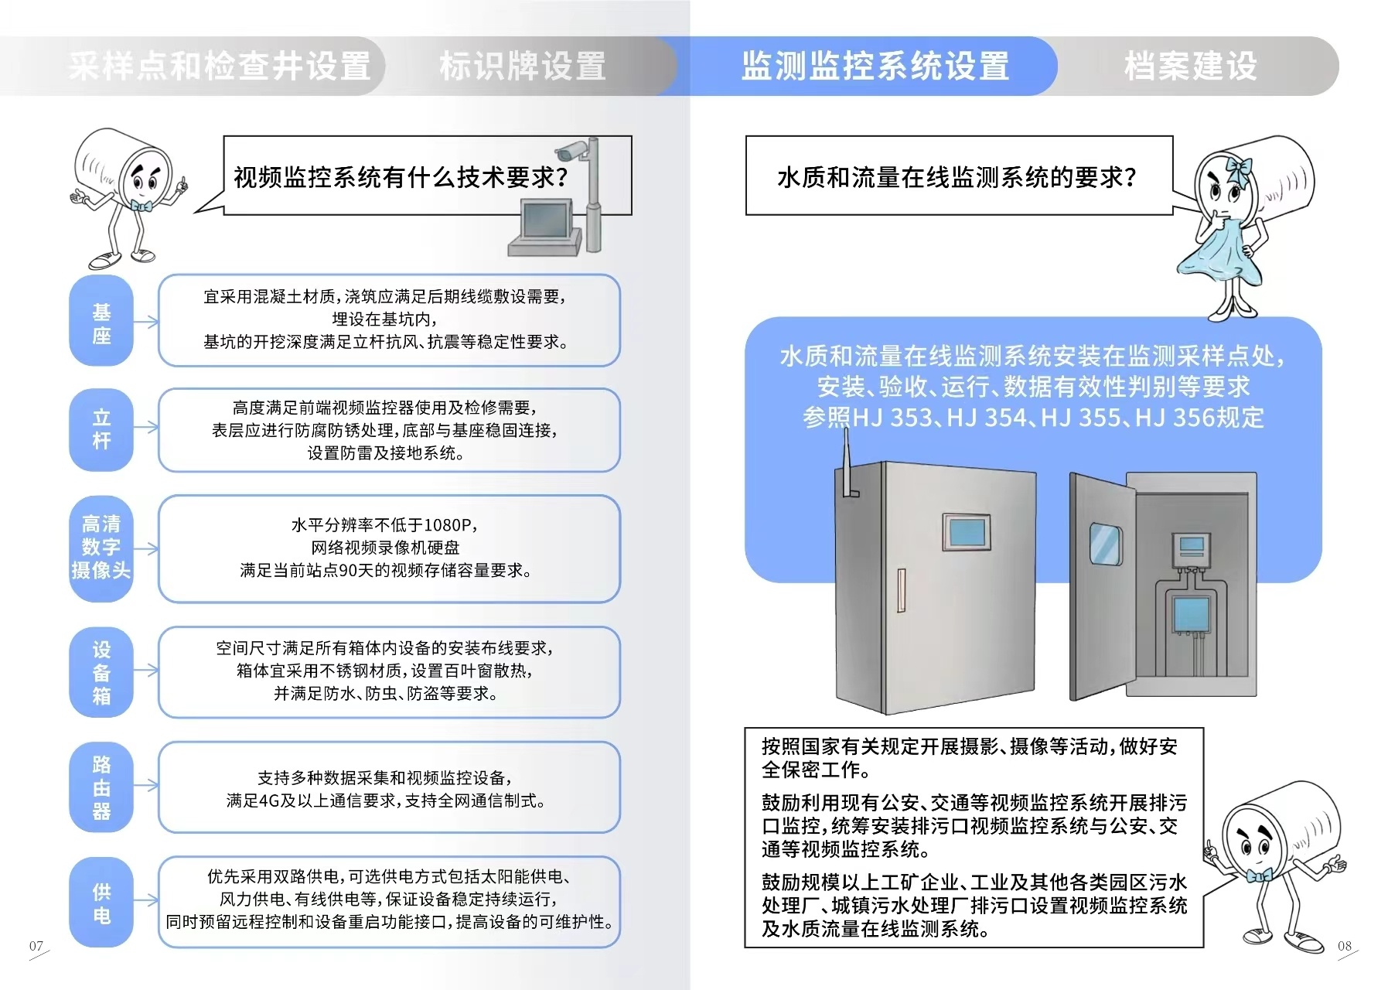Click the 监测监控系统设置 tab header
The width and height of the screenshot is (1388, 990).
click(x=875, y=67)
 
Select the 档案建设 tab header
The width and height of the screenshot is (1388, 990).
click(x=1191, y=67)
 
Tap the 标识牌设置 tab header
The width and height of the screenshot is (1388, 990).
click(x=523, y=67)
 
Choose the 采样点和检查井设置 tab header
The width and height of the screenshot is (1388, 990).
click(x=220, y=67)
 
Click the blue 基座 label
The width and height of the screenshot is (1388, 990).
click(x=101, y=323)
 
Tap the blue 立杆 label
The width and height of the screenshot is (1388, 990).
click(x=101, y=429)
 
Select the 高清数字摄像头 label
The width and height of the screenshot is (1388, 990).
click(x=101, y=548)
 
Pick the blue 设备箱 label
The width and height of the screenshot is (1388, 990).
click(x=101, y=672)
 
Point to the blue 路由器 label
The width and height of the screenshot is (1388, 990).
click(x=101, y=787)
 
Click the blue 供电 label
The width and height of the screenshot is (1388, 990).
click(x=101, y=903)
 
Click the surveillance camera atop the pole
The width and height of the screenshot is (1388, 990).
click(x=573, y=149)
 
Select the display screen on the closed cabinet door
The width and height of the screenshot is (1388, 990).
click(x=965, y=531)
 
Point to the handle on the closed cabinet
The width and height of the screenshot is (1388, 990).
click(x=901, y=589)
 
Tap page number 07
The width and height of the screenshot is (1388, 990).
click(x=36, y=946)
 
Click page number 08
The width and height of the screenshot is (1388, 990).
click(x=1345, y=946)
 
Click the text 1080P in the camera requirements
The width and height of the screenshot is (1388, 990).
click(x=447, y=525)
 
